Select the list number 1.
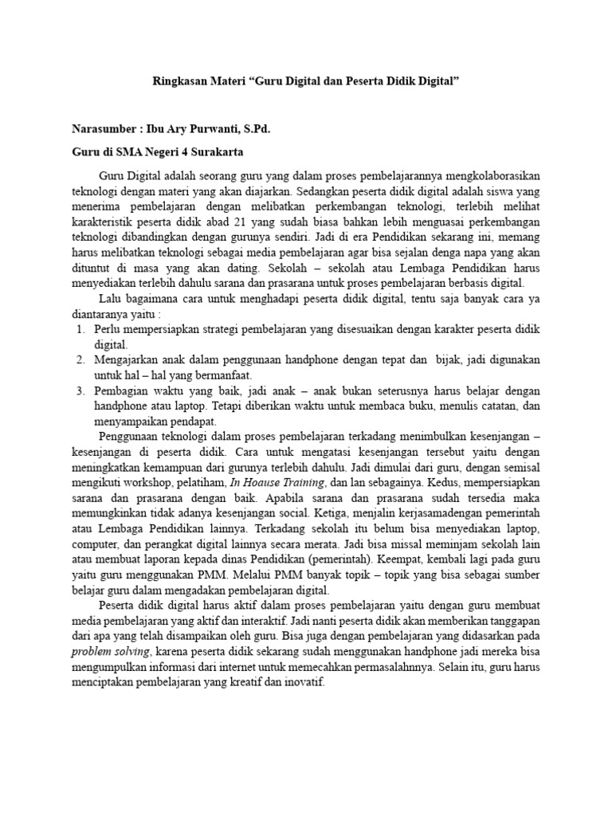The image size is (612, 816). click(80, 329)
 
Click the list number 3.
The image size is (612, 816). click(80, 391)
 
